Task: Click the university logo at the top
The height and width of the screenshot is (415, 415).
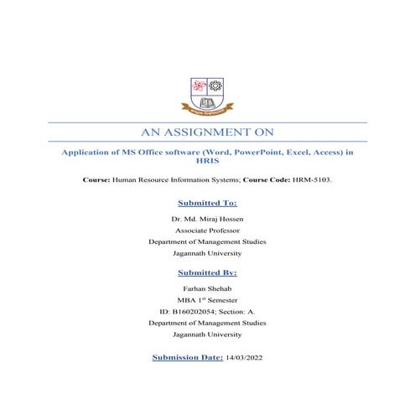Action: [x=207, y=94]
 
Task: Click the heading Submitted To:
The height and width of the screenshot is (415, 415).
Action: [x=207, y=203]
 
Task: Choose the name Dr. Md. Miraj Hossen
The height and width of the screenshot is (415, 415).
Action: [x=207, y=218]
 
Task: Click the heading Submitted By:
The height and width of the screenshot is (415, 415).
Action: [x=207, y=272]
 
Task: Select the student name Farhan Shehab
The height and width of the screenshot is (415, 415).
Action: [x=207, y=288]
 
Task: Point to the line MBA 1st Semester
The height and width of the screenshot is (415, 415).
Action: [x=207, y=299]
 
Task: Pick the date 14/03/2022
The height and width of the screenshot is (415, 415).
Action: [x=245, y=357]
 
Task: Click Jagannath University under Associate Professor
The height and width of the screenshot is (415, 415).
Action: [x=207, y=253]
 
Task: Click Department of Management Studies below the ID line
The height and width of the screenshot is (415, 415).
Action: [x=207, y=323]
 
